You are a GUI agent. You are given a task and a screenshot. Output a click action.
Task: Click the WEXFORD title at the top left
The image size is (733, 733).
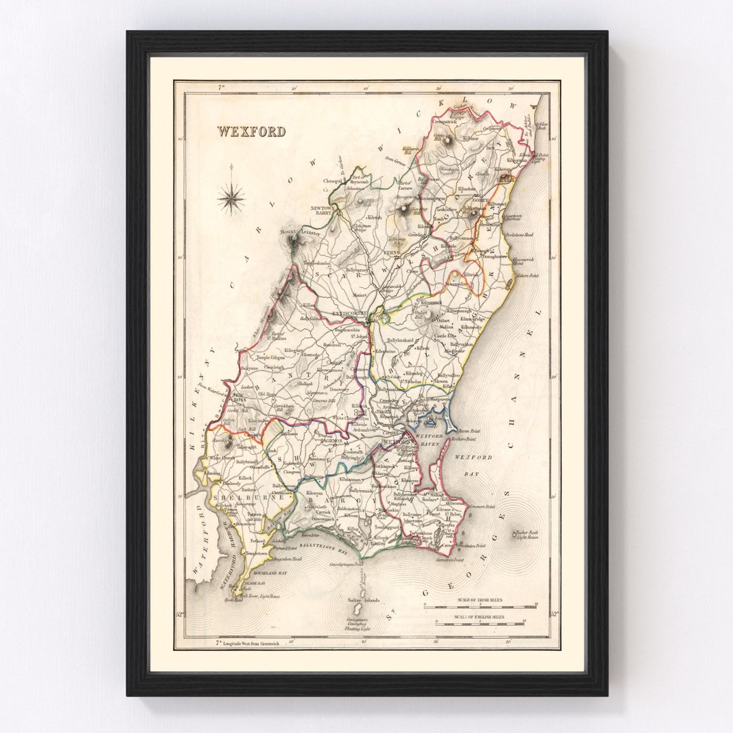(x=251, y=132)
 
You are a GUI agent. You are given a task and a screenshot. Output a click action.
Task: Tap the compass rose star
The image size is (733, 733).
(x=231, y=199)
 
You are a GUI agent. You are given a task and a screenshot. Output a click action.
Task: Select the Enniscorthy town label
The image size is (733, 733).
(x=350, y=314)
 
